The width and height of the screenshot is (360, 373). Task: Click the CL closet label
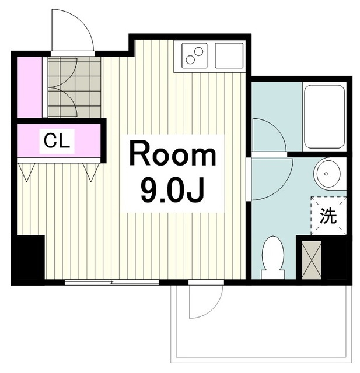57,141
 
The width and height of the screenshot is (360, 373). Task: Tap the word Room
173,154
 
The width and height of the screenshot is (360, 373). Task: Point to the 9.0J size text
173,189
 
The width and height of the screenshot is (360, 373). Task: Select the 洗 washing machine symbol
328,216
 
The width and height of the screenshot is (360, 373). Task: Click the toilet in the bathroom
273,258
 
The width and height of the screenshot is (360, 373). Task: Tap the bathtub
324,117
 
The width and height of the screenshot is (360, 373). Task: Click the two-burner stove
194,56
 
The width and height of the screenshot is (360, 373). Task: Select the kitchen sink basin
229,56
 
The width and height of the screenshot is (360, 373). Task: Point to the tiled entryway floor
74,87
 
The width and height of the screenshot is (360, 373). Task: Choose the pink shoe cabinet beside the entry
30,87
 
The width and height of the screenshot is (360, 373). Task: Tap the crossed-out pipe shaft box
312,260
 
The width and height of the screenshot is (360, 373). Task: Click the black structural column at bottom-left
28,259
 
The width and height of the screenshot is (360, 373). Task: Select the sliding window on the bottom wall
111,282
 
